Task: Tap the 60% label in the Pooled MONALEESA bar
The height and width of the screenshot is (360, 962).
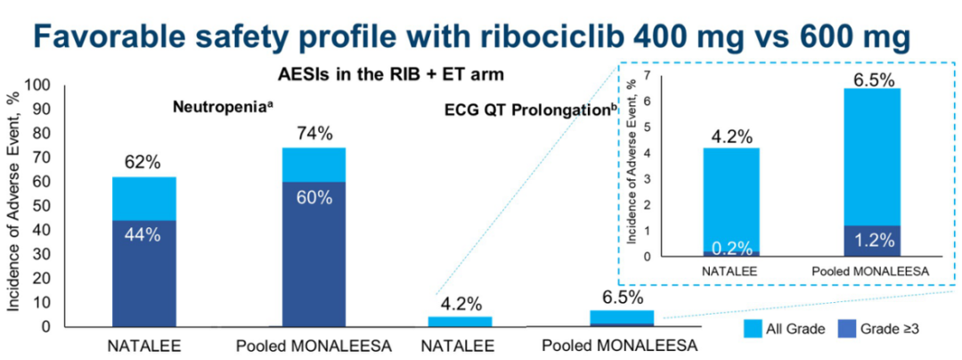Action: (314, 198)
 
